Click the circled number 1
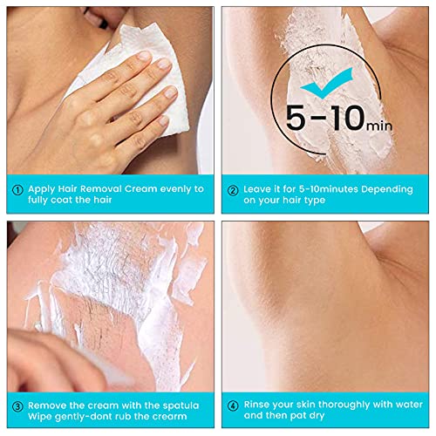[17, 188]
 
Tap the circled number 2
[233, 188]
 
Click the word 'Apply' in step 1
[42, 188]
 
